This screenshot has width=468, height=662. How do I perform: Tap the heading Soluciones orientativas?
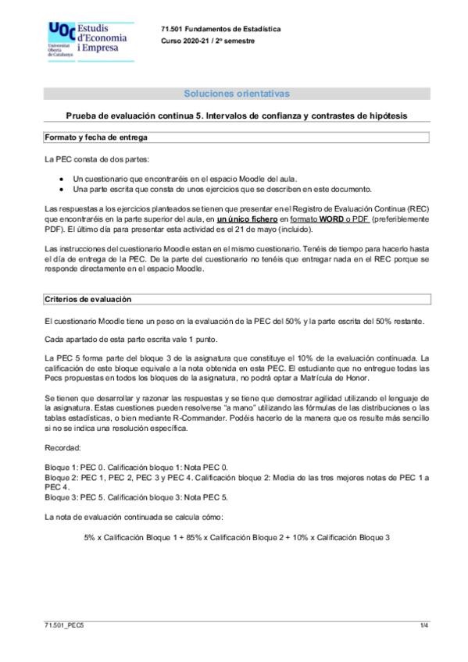pos(236,94)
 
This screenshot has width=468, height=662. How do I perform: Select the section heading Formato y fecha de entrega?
pos(96,137)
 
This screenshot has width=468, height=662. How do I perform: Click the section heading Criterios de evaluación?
pos(88,299)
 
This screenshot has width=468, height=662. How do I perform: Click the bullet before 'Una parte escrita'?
pos(63,189)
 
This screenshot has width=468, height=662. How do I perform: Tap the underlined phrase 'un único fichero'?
pos(247,219)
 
